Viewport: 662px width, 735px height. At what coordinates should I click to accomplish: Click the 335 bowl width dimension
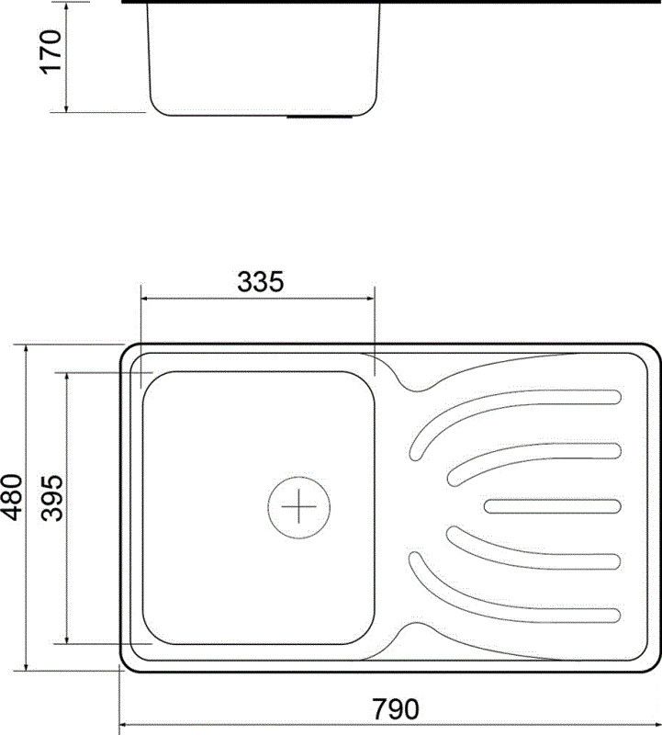260,282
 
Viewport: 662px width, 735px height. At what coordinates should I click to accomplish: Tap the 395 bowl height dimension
52,498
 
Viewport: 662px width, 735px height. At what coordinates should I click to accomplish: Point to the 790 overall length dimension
395,708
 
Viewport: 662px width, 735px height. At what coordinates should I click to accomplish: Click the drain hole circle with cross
298,506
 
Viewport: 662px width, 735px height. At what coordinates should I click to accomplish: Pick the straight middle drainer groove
553,505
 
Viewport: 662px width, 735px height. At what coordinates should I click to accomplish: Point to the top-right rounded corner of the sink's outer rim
649,354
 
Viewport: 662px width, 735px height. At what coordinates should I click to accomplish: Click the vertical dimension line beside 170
67,55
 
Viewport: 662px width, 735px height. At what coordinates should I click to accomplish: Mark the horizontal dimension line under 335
257,298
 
